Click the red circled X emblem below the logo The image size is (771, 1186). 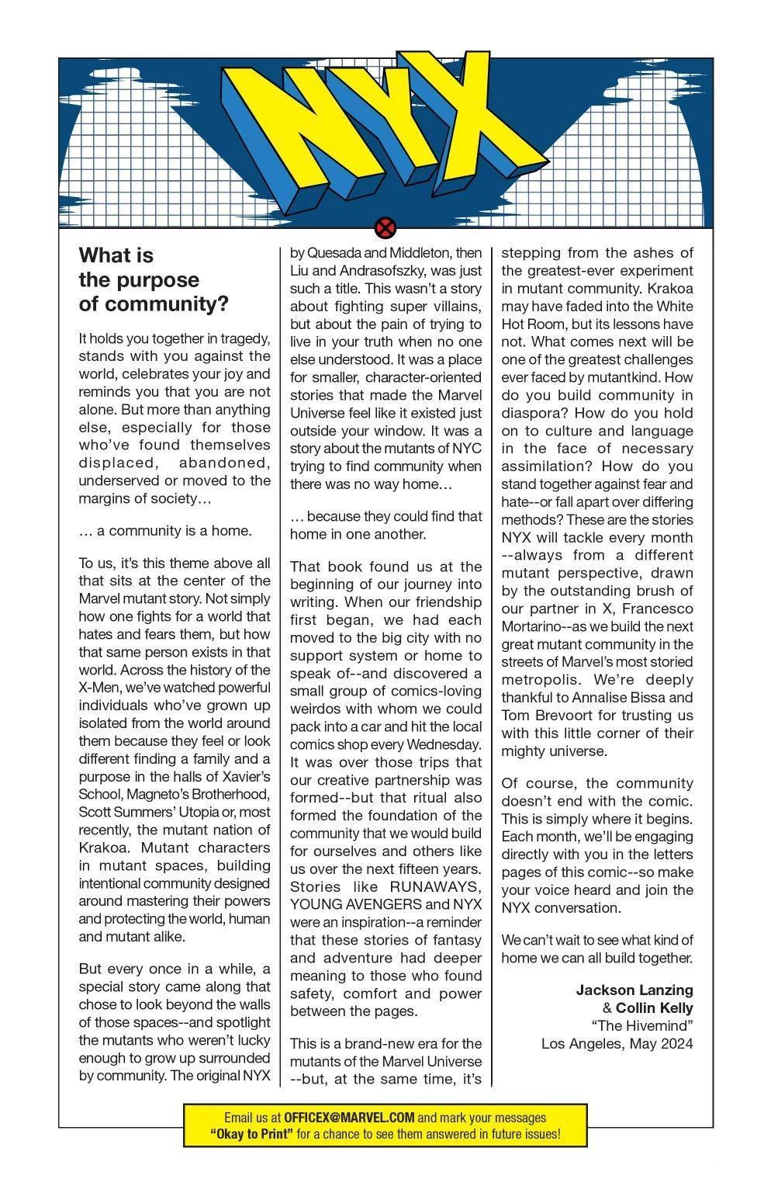click(385, 228)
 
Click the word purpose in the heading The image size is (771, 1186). click(154, 279)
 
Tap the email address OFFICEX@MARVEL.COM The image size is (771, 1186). click(349, 1118)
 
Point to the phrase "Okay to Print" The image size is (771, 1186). click(251, 1134)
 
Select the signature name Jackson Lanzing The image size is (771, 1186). click(634, 990)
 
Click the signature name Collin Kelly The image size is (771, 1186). click(654, 1007)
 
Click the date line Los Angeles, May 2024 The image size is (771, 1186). click(617, 1043)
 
